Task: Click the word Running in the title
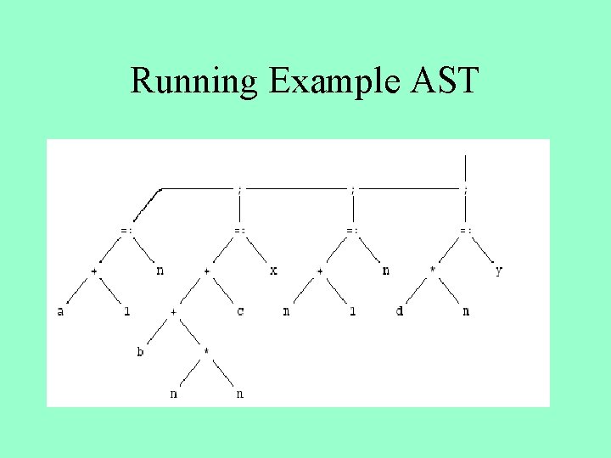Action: coord(193,81)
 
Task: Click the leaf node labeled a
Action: coord(60,311)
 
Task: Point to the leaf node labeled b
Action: coord(140,350)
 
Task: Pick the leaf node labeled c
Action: coord(240,311)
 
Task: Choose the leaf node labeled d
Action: coord(400,311)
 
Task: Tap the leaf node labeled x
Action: coord(273,271)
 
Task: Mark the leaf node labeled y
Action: coord(499,271)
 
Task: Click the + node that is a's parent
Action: coord(93,271)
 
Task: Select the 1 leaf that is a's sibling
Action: coord(126,311)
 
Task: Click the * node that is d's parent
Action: coord(433,271)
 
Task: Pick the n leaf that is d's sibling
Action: coord(466,311)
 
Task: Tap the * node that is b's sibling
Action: coord(206,350)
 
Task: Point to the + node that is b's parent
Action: coord(173,311)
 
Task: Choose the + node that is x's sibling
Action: coord(206,271)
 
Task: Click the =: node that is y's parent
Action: coord(466,230)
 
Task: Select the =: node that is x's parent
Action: coord(240,230)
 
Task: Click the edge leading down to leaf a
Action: coord(76,292)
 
